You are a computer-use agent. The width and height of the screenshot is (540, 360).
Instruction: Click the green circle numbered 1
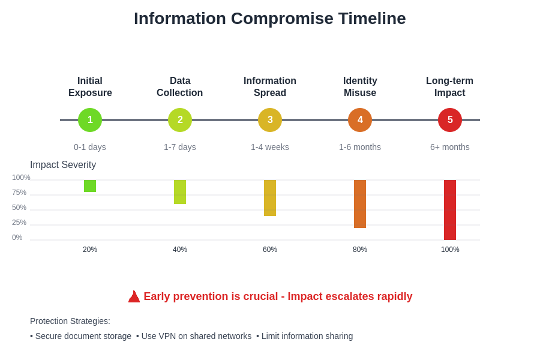[90, 120]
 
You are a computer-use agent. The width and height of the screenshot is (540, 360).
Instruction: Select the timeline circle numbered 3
[270, 120]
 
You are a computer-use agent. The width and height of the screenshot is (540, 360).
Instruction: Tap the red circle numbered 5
[450, 120]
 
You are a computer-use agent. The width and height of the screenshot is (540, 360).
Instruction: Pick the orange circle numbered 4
[360, 120]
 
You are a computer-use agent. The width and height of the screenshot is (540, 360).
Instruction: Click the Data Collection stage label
[180, 87]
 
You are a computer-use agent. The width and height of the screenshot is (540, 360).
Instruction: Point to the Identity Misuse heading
[360, 87]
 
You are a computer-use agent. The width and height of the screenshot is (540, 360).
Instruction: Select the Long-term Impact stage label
[450, 87]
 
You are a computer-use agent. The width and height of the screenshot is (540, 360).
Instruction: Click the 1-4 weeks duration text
[270, 147]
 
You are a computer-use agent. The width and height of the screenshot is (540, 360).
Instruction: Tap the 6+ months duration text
[450, 147]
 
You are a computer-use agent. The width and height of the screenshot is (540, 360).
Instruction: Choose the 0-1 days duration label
[90, 147]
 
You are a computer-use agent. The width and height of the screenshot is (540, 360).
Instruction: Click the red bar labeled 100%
[450, 210]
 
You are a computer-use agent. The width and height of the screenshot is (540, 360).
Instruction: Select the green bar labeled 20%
[90, 186]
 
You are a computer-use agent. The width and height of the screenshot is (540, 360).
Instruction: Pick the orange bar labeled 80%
[360, 204]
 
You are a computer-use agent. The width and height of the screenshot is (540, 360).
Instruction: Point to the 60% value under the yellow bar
[270, 250]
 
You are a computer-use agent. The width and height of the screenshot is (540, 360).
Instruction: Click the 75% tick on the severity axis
[19, 193]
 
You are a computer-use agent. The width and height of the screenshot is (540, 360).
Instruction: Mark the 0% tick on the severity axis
[17, 238]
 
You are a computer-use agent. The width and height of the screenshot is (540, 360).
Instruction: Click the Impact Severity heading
[63, 165]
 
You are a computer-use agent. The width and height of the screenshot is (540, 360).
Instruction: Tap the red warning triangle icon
[134, 296]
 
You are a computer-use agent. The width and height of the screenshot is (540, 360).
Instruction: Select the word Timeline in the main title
[371, 19]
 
